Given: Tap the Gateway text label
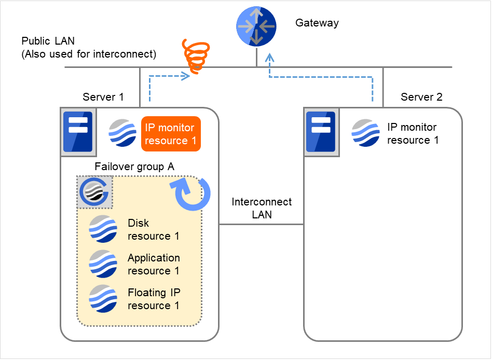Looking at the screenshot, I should (317, 23).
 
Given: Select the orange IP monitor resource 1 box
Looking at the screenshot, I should (171, 134).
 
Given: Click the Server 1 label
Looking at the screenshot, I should (103, 97).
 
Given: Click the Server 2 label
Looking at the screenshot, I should (421, 97).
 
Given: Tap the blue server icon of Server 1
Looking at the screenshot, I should (77, 132).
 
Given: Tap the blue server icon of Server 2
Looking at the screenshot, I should (320, 132).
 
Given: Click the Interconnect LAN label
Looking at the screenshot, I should (262, 208).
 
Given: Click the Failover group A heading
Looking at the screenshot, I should (134, 167).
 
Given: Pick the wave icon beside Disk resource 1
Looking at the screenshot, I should (103, 229).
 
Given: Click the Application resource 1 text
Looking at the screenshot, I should (154, 264).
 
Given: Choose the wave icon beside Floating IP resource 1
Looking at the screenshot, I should (103, 298).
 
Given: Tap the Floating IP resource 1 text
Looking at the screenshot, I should (154, 299).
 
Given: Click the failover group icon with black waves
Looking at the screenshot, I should (94, 192).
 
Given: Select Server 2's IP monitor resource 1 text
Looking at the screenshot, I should (413, 133).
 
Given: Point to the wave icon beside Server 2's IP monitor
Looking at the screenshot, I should (366, 132).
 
